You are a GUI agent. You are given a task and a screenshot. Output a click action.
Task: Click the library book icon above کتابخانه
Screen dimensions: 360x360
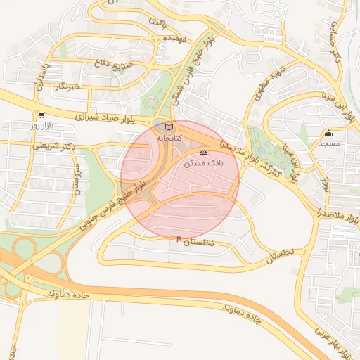[x=168, y=127]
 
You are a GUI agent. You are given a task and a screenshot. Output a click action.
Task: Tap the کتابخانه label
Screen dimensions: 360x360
[x=168, y=138]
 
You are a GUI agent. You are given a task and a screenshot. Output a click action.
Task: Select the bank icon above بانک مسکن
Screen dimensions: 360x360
[x=203, y=152]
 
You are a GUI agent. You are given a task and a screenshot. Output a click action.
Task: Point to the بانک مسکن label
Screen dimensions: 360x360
[x=202, y=162]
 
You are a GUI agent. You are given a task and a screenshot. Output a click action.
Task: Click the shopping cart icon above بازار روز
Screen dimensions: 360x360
[x=42, y=115]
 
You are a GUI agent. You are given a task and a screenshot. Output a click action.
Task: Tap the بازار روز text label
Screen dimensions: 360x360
[x=42, y=125]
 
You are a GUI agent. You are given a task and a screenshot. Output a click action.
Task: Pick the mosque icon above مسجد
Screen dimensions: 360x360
[x=328, y=133]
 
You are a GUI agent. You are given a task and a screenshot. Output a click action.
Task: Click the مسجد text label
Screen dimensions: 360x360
[x=328, y=143]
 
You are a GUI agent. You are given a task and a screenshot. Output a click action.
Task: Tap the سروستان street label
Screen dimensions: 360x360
[x=78, y=181]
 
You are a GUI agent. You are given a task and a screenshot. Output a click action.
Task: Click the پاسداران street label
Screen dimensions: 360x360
[x=41, y=74]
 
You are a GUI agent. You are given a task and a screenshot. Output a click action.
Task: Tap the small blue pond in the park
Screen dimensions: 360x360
[x=262, y=150]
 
